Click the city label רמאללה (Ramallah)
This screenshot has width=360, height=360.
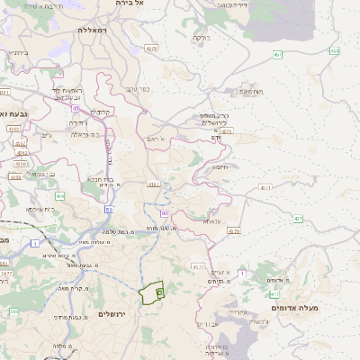coord(93,31)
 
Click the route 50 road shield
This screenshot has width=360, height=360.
coord(108,209)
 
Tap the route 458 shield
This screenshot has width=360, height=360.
coord(334,51)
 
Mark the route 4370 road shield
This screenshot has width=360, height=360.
coord(235,232)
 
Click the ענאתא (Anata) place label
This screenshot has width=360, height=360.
coord(211,220)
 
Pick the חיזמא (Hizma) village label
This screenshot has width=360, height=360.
coord(220,167)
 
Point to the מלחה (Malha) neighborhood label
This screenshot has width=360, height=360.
coord(61,346)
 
